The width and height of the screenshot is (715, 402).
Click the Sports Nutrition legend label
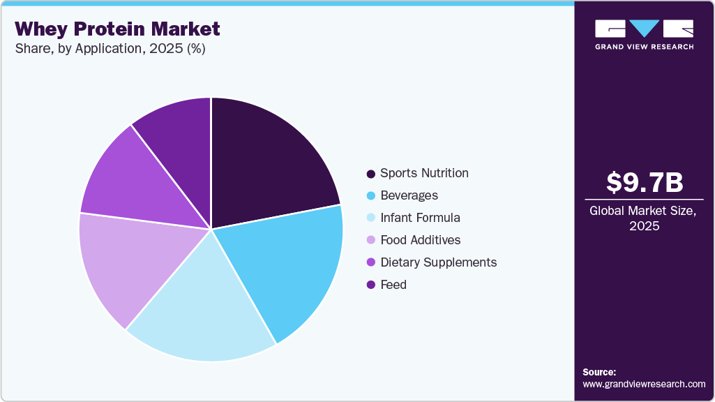pos(424,173)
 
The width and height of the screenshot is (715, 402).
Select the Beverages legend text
pos(409,195)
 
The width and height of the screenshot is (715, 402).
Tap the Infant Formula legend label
pos(420,218)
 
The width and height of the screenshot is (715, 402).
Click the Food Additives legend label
pos(421,240)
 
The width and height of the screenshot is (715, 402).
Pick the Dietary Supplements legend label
pos(438,262)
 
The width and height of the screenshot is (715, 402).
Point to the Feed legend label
pos(393,285)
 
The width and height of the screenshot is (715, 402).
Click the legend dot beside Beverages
pos(370,195)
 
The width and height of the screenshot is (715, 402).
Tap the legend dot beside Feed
pos(370,285)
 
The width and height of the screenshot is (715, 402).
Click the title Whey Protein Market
pos(117,29)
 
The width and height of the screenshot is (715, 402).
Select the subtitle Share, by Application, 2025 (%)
pos(110,49)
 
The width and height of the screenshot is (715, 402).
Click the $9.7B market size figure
pos(645,183)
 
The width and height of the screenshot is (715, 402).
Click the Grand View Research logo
pos(645,34)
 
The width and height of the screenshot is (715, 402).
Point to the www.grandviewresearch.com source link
pos(644,384)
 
